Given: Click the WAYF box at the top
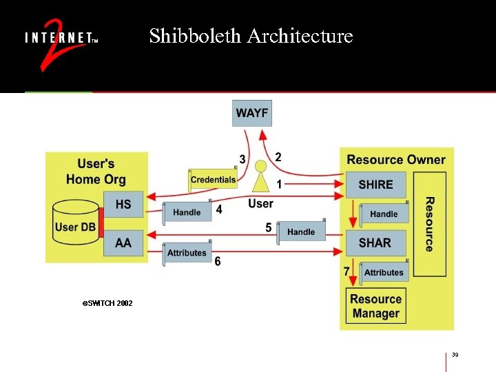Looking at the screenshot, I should [252, 113].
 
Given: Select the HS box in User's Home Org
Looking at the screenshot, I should [123, 205].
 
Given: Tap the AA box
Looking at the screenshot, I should [123, 242].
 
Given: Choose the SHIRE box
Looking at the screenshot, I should [375, 185].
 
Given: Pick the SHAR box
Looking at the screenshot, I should [375, 242].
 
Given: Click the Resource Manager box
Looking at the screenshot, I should [375, 306].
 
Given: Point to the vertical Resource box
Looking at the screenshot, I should [429, 224].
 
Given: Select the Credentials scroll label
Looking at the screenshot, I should [213, 180].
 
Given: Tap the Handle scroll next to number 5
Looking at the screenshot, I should [300, 232].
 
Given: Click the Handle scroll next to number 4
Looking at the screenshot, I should [187, 213].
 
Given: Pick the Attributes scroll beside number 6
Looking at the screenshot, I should [187, 253].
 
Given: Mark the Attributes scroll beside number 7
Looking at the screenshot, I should [384, 272].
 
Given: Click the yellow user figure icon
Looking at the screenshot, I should [260, 178].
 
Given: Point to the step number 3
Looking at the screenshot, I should [242, 159].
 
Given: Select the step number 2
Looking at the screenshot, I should [278, 157].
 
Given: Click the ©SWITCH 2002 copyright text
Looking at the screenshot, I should [107, 303].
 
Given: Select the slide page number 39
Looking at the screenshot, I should [455, 355].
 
